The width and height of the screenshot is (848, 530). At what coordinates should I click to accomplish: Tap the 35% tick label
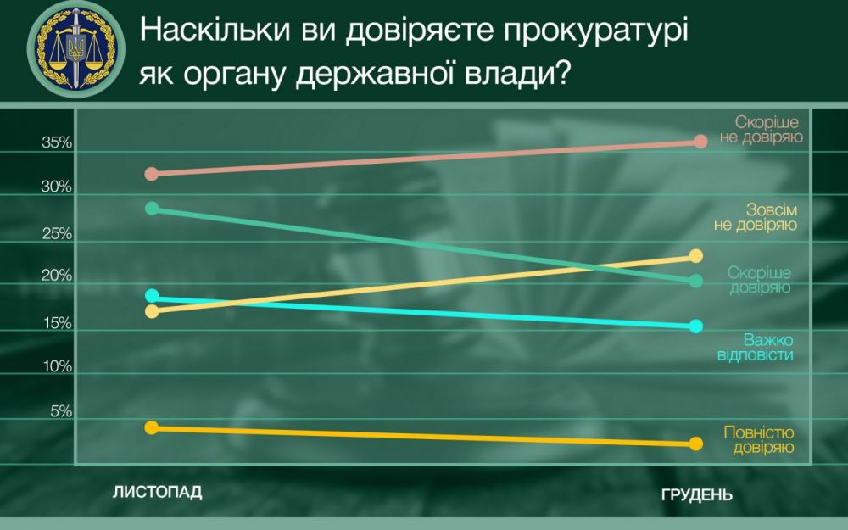(57, 144)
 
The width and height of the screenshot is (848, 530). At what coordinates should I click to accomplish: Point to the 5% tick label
(62, 412)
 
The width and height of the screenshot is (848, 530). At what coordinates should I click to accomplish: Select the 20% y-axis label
(57, 277)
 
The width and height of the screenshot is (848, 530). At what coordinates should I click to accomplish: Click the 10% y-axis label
(57, 367)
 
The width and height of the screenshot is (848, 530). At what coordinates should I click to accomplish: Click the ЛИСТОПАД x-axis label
(158, 493)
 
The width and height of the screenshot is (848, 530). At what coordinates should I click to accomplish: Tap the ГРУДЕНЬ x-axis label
(696, 495)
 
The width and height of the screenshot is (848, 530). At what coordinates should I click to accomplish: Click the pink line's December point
(700, 141)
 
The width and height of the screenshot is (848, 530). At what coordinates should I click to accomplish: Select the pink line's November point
(152, 174)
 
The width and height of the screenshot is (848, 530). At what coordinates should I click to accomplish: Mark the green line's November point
(152, 209)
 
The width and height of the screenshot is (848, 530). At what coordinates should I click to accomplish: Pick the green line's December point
(696, 281)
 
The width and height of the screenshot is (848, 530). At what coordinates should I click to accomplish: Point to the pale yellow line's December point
(696, 256)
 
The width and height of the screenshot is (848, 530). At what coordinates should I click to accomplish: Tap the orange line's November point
(152, 427)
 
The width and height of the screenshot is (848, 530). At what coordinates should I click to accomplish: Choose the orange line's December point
(696, 444)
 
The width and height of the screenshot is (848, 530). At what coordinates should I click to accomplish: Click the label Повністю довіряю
(758, 439)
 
